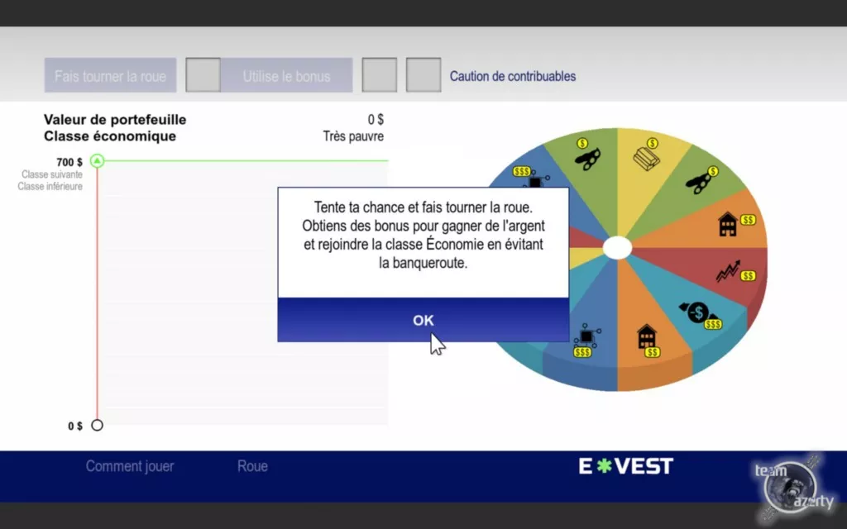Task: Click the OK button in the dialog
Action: [x=423, y=320]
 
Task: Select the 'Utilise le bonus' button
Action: [x=286, y=75]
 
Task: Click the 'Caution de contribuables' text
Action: [x=513, y=76]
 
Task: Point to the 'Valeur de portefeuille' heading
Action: [x=115, y=119]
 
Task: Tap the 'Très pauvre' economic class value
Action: [x=353, y=136]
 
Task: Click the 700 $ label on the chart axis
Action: [x=69, y=162]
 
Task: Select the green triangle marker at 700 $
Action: [x=97, y=160]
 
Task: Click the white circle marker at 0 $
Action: [x=97, y=425]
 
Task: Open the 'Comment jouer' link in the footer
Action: [x=130, y=466]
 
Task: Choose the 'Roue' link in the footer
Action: [x=252, y=466]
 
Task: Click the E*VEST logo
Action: [x=625, y=466]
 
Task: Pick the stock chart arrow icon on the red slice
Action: [x=728, y=271]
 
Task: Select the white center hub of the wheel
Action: [x=617, y=248]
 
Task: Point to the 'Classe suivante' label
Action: [x=52, y=174]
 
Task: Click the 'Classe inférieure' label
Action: [x=50, y=186]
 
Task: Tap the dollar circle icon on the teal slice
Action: [x=697, y=312]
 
